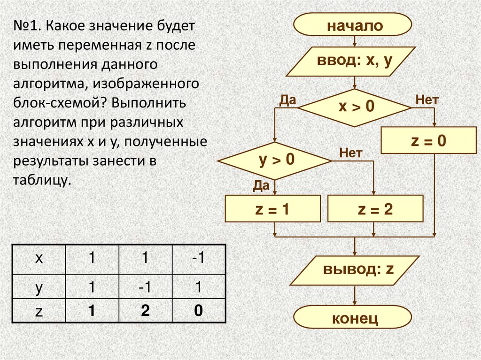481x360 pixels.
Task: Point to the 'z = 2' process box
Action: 375,209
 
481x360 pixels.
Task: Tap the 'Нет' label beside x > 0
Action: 427,100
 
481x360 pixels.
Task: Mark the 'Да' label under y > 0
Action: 261,186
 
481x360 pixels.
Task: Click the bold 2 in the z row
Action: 145,311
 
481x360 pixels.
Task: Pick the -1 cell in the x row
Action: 199,258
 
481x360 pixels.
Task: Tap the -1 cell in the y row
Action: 145,287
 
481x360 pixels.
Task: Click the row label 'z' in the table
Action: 39,312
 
